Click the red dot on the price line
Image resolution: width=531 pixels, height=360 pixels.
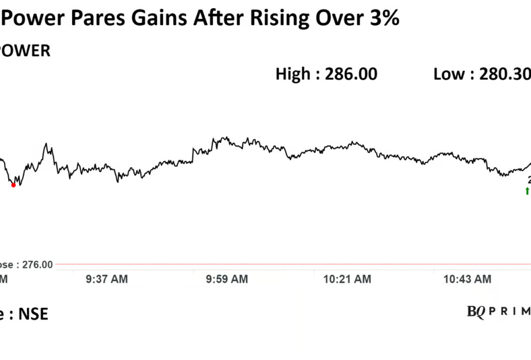tap(13, 185)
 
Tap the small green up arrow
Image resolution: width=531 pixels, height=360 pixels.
tap(527, 191)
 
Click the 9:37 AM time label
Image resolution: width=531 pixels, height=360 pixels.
tap(106, 280)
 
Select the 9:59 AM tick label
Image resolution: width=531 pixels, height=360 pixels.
tap(226, 280)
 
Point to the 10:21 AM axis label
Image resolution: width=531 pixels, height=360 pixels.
tap(347, 280)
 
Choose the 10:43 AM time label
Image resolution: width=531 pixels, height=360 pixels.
tap(468, 280)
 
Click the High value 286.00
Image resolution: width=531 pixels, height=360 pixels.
tap(351, 74)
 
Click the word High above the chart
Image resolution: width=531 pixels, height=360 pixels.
tap(293, 74)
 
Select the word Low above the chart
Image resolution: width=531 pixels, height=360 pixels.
tap(449, 74)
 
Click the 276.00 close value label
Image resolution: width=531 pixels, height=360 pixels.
tap(38, 265)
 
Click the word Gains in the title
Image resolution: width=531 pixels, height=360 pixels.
tap(154, 18)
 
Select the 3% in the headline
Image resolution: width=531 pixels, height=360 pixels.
tap(385, 18)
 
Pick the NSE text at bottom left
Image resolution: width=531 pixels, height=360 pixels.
tap(33, 314)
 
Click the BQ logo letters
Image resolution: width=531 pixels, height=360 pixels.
tap(476, 312)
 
